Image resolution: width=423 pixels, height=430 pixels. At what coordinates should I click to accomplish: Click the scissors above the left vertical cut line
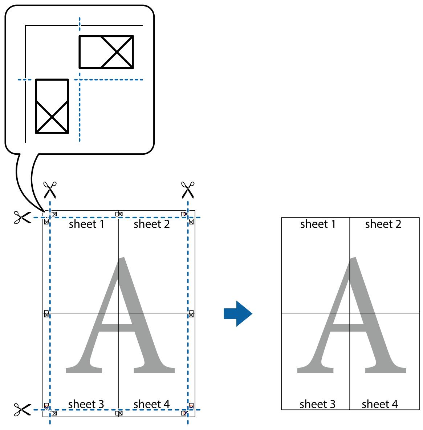(50, 190)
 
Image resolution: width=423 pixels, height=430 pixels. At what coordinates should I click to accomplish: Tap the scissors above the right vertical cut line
(188, 190)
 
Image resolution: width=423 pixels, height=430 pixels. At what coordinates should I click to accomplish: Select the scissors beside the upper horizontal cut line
(22, 218)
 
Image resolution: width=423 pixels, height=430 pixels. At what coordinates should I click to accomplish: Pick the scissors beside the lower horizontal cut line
(22, 410)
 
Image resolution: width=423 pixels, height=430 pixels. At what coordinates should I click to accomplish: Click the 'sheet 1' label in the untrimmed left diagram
(86, 224)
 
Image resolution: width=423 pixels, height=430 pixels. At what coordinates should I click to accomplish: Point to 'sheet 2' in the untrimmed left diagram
(152, 224)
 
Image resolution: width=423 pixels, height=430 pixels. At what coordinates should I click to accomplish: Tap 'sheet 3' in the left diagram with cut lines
(86, 404)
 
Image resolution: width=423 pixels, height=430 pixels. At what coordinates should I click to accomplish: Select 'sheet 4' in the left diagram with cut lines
(151, 404)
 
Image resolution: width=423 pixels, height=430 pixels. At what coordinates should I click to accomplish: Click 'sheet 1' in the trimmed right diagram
(318, 224)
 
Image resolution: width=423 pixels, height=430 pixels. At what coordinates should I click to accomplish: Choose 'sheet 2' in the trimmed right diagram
(383, 224)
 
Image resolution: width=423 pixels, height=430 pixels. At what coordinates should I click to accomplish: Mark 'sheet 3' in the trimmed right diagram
(317, 404)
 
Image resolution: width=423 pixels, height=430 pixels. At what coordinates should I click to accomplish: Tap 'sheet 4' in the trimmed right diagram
(380, 404)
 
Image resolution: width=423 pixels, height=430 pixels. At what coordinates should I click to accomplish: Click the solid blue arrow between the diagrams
(238, 313)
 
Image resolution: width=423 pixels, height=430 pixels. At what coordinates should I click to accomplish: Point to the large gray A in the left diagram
(120, 315)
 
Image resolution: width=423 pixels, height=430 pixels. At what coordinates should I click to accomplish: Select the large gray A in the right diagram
(351, 315)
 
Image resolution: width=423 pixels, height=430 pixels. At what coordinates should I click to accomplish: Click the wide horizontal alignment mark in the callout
(106, 52)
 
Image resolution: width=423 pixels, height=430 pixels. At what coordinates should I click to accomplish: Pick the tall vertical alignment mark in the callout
(52, 106)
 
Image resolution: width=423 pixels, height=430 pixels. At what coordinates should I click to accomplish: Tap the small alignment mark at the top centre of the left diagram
(119, 214)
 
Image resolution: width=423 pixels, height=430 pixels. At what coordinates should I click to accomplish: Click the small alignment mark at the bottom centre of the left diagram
(119, 413)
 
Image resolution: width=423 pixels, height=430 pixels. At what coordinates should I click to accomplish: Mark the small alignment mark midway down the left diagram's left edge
(46, 314)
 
